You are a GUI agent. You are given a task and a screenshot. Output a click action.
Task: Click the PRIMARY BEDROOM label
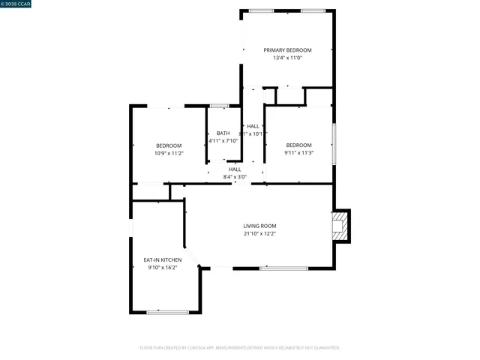pos(287,50)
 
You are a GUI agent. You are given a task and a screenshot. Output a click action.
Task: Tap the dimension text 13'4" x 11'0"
pos(287,58)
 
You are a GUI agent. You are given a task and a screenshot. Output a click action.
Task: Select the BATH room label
pos(223,133)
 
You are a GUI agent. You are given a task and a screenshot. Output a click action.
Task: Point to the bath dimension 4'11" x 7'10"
pos(223,140)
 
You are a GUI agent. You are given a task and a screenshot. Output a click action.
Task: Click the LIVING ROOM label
pos(259,226)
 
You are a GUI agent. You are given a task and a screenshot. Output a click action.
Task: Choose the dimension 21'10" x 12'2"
pos(259,233)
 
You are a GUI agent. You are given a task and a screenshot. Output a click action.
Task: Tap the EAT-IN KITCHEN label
pos(163,259)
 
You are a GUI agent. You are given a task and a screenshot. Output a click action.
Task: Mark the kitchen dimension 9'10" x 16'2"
pos(163,267)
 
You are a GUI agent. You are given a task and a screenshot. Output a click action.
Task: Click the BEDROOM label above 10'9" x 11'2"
pos(169,145)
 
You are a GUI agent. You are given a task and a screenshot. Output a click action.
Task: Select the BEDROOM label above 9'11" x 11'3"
pos(298,145)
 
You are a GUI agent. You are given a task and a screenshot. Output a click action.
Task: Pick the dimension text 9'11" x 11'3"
pos(298,152)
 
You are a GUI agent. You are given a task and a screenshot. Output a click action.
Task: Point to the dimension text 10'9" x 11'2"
pos(169,153)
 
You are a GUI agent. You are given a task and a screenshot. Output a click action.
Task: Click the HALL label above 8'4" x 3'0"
pos(235,169)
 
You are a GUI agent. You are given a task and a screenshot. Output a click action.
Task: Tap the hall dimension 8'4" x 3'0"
pos(235,177)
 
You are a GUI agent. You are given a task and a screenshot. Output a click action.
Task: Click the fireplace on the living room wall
pos(341,225)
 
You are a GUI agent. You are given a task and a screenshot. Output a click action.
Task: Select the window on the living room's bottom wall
pos(283,268)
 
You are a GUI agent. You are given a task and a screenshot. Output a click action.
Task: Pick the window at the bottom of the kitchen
pos(167,312)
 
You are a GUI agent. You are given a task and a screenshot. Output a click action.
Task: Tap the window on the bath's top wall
pos(220,106)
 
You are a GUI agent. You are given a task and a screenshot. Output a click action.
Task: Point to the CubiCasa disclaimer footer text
pos(240,347)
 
